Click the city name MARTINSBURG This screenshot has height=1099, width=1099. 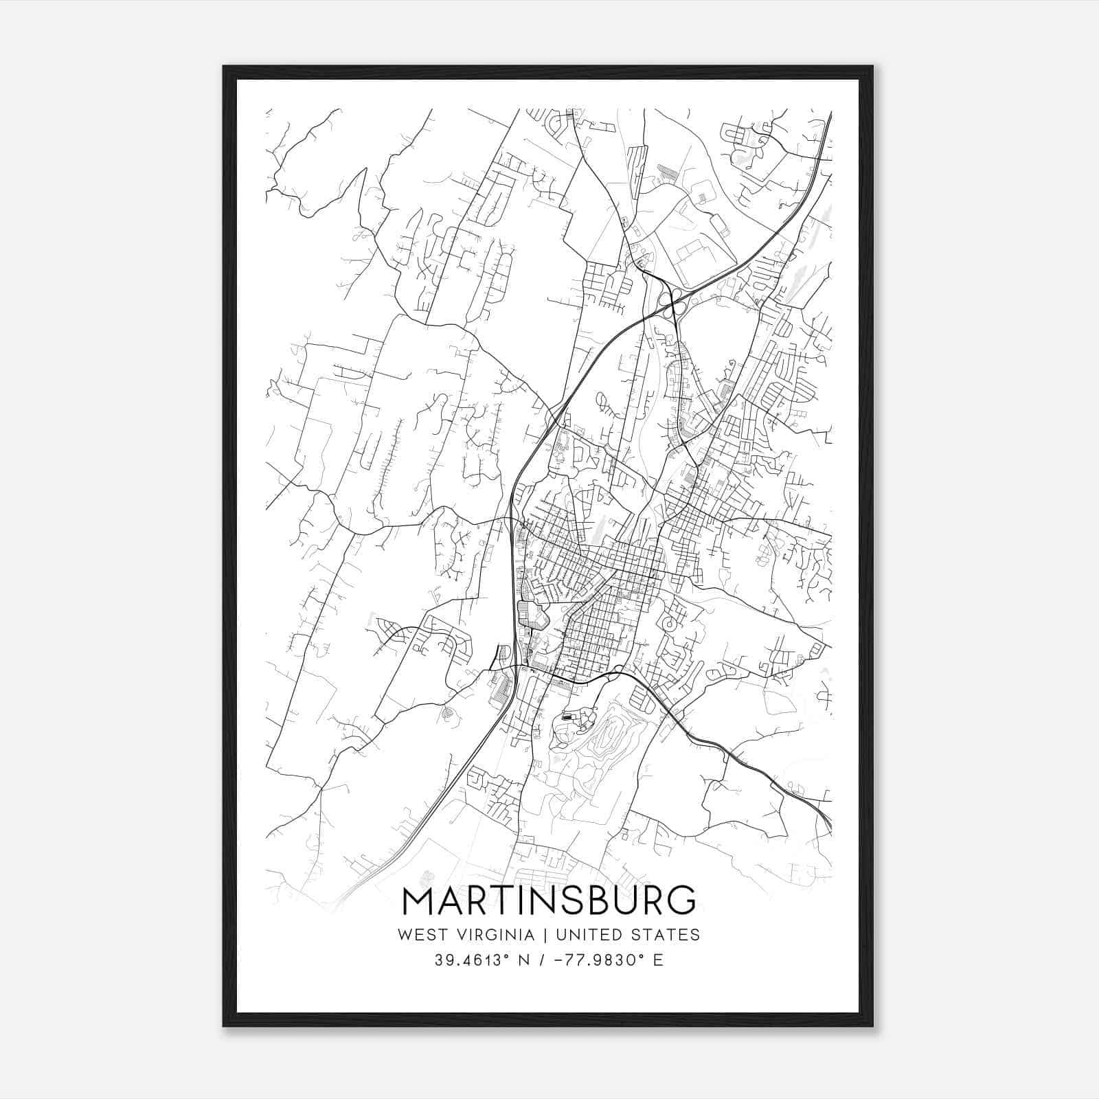pyautogui.click(x=549, y=900)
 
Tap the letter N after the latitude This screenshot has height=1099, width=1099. pyautogui.click(x=524, y=960)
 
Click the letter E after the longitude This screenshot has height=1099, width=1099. pyautogui.click(x=658, y=960)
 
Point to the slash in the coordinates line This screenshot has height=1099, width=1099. pyautogui.click(x=543, y=960)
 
